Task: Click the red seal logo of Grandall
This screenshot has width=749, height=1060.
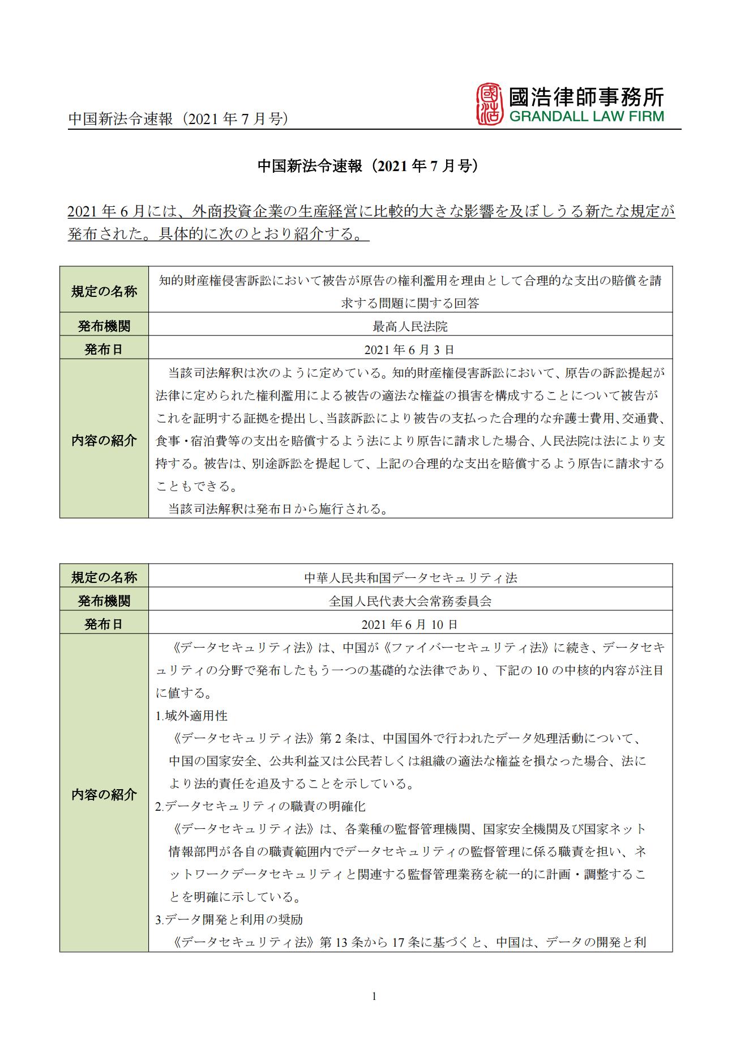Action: pos(489,104)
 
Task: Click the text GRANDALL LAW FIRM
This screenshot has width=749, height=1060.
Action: pos(586,117)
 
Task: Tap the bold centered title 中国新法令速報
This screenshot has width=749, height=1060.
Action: pos(369,165)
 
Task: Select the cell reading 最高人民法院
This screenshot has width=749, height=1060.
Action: pos(410,326)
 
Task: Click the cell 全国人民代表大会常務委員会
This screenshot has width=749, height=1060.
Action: pos(410,601)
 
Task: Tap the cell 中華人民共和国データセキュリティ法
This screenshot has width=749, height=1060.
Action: pos(410,578)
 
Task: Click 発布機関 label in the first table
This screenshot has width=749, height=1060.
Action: pos(104,326)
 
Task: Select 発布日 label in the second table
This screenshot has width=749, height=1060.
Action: pos(104,624)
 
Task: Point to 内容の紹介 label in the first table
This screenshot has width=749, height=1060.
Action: pos(104,440)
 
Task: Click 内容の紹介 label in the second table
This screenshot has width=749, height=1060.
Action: pos(104,794)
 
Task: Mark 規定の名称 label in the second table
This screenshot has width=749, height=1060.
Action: pos(104,578)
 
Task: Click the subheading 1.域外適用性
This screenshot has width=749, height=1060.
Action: pos(191,716)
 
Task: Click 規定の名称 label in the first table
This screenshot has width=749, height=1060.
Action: pos(104,291)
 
